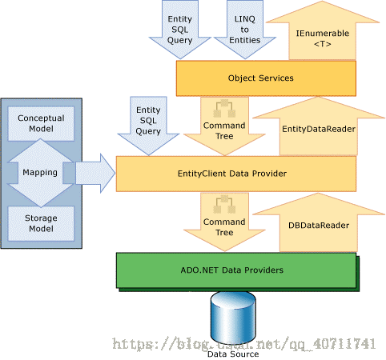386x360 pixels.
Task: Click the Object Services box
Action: [266, 78]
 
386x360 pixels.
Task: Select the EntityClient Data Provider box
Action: [236, 174]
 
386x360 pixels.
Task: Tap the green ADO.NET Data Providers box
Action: [236, 270]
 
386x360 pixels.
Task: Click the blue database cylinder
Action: [233, 318]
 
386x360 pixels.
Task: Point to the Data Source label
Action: [233, 354]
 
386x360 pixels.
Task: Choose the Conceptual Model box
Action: [41, 123]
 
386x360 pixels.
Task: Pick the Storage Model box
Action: [41, 223]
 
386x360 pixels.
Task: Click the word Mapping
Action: [40, 173]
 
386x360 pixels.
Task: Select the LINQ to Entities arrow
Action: [245, 30]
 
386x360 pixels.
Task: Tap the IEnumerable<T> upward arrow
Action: [323, 30]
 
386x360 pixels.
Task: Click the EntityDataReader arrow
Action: [319, 126]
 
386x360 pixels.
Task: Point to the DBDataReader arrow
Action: [319, 223]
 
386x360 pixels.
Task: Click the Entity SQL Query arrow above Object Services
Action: [180, 30]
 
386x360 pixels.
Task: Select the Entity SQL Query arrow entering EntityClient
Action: [148, 126]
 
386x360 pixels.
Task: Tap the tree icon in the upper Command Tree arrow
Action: [224, 109]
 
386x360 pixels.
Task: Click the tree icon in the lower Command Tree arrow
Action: [224, 205]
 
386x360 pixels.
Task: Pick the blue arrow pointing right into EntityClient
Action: [95, 174]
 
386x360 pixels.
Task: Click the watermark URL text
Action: [244, 343]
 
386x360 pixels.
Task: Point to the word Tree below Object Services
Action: [224, 136]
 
